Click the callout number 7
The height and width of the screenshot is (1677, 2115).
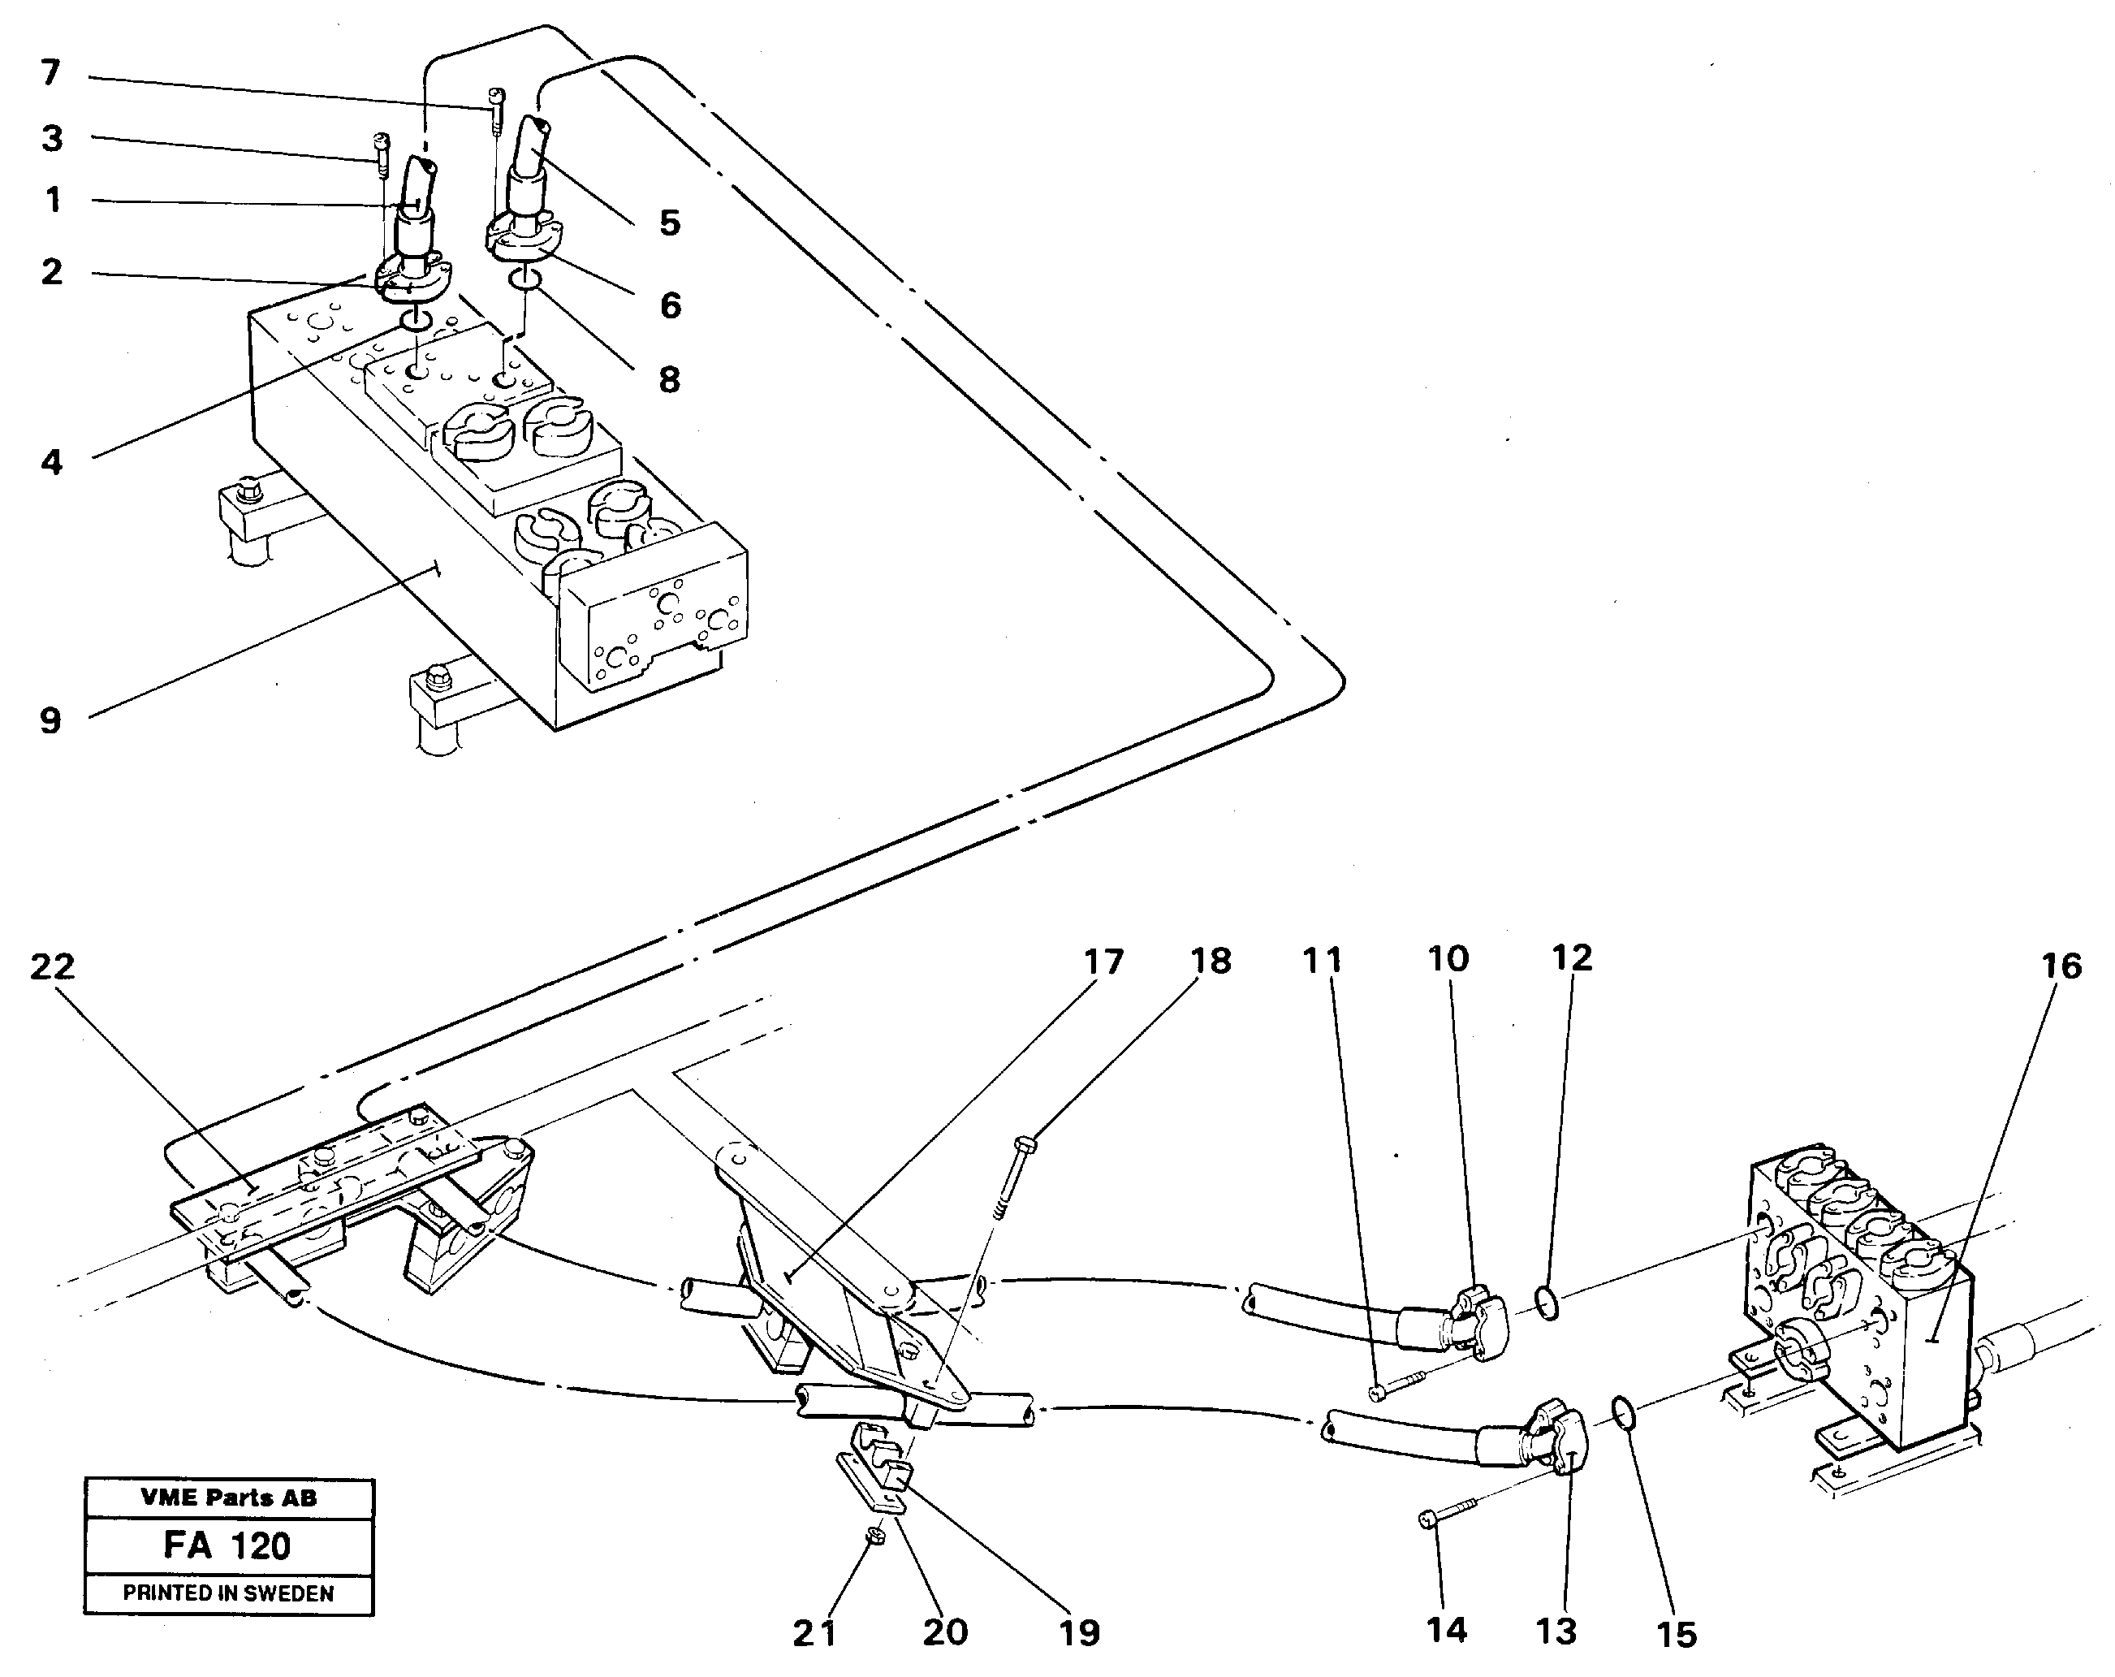[51, 71]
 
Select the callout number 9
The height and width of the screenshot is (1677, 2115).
[50, 721]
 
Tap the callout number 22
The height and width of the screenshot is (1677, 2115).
[52, 967]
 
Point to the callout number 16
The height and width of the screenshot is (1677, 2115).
[2061, 966]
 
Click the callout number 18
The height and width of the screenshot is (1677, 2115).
[1211, 961]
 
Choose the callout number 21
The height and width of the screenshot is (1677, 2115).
[814, 1633]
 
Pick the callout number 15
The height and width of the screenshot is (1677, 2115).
[1676, 1635]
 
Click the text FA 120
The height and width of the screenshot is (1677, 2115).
[227, 1545]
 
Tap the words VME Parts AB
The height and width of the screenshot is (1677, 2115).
[227, 1498]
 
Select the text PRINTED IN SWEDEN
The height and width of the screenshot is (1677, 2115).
[227, 1593]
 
